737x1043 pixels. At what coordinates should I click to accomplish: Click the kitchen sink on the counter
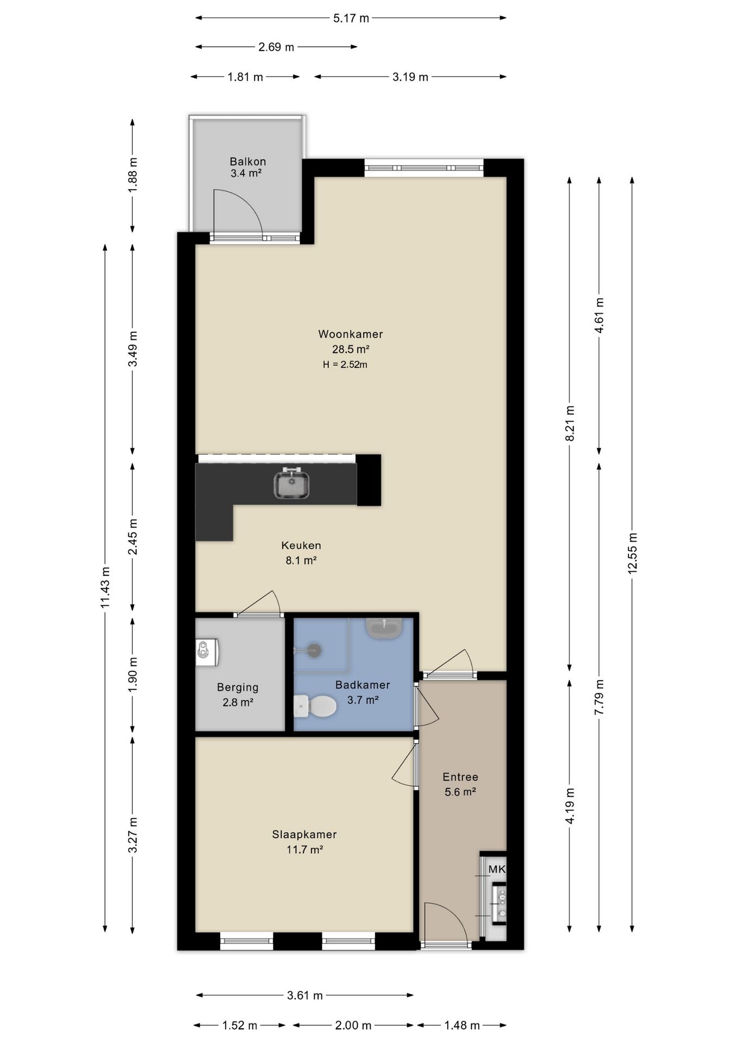point(291,484)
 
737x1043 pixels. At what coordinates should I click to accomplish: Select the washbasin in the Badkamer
point(384,628)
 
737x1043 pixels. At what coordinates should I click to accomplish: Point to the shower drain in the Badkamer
point(314,650)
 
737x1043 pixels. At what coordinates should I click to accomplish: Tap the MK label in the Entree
point(497,869)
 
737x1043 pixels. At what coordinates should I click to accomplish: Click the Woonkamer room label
point(350,334)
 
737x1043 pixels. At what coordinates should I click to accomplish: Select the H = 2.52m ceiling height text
point(345,365)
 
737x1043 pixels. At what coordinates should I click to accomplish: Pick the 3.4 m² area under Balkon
point(246,174)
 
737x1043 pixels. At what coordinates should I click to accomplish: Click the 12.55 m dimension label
point(632,553)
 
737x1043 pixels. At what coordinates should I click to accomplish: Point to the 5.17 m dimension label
point(351,18)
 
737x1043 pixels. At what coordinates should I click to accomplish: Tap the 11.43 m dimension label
point(105,587)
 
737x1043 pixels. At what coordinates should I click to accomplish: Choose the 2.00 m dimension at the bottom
point(353,1025)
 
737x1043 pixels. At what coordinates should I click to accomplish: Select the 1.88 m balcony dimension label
point(132,174)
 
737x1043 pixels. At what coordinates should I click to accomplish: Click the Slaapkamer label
point(304,834)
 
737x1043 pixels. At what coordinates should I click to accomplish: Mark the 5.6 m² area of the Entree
point(460,792)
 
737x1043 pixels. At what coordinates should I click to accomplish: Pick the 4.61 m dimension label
point(599,316)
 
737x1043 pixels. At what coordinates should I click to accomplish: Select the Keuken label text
point(301,545)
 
